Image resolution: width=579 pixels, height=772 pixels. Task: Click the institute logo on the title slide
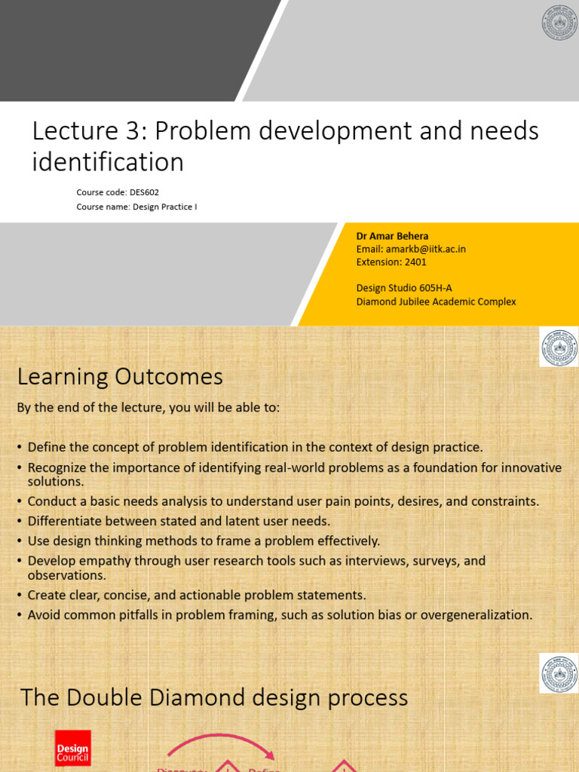559,22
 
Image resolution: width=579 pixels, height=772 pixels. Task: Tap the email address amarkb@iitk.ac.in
424,249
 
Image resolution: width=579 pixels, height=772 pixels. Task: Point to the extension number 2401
415,262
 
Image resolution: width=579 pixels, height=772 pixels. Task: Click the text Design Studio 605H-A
403,288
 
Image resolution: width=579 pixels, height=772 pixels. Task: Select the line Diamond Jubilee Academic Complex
436,302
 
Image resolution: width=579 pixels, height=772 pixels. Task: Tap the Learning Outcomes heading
120,376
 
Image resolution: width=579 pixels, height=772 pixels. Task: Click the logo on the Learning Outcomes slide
559,348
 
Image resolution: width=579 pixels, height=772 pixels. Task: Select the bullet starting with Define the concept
255,447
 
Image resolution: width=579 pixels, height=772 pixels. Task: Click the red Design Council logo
72,748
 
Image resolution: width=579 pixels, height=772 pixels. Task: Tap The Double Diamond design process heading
214,697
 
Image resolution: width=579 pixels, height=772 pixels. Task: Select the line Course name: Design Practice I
136,207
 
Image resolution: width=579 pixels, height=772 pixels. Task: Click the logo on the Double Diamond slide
559,673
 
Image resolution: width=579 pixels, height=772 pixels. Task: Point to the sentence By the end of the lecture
148,407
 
